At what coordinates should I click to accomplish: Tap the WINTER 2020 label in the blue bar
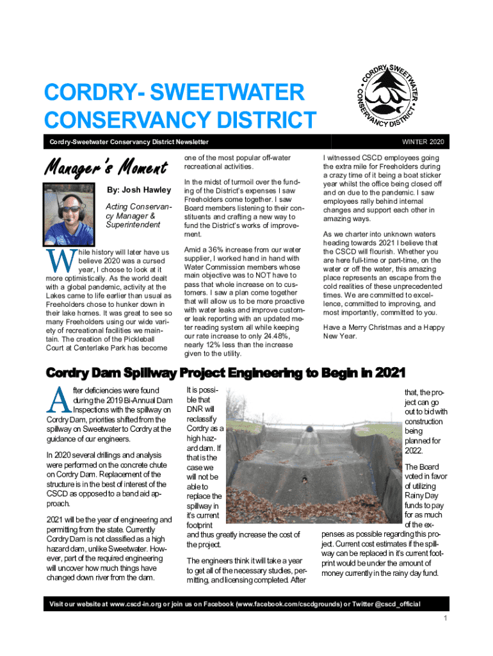423,141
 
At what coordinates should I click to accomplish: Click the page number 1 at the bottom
445,618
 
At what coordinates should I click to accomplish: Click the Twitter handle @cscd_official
392,604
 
